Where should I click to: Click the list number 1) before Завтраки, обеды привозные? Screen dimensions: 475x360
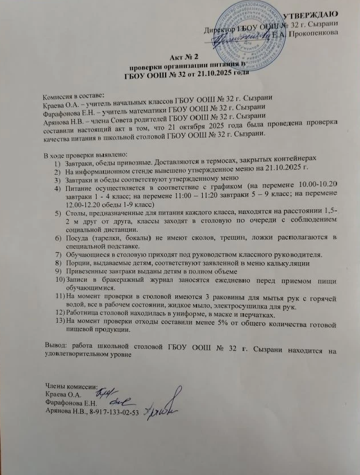click(x=57, y=162)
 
